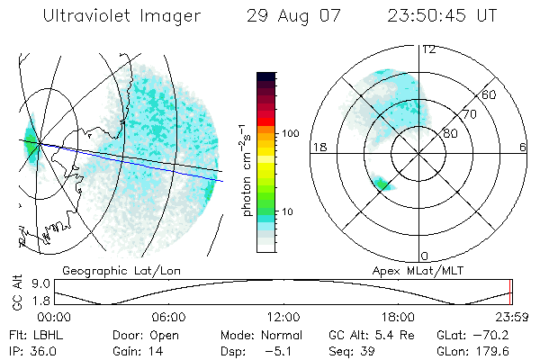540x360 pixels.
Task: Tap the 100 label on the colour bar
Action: pyautogui.click(x=290, y=133)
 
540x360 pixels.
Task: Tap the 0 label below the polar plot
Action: pyautogui.click(x=427, y=256)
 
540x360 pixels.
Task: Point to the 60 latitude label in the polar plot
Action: pyautogui.click(x=490, y=94)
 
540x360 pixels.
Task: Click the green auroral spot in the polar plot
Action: pyautogui.click(x=382, y=184)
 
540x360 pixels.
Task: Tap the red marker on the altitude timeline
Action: pyautogui.click(x=510, y=292)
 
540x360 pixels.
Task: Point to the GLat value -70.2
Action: pyautogui.click(x=485, y=335)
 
